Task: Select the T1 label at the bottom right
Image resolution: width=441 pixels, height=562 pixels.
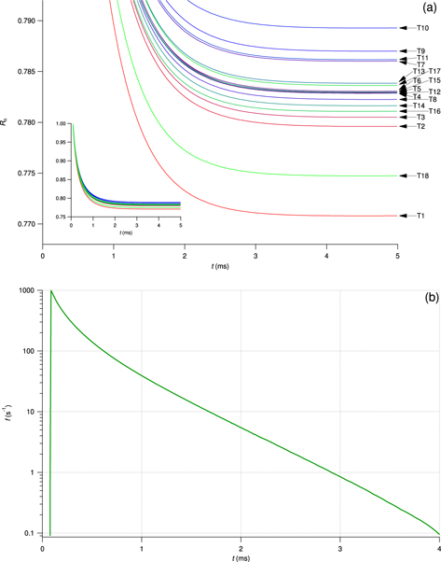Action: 421,216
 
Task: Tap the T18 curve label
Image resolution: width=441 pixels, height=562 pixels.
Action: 422,176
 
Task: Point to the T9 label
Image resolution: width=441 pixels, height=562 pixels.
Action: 420,50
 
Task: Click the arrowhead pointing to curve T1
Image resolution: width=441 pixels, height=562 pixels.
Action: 404,216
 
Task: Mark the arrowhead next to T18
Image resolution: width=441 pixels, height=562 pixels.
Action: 404,176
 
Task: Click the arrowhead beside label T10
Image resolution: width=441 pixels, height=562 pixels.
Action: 404,29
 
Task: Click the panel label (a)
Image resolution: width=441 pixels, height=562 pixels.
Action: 431,7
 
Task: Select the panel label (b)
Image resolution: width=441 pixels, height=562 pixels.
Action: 431,298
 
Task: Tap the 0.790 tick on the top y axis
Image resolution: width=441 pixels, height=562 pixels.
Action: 26,20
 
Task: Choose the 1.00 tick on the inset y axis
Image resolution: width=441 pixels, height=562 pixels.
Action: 61,124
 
